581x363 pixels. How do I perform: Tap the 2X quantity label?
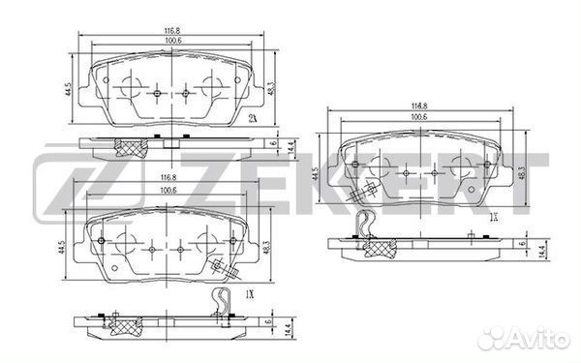[x=253, y=118]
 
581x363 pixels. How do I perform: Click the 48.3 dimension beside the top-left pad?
[x=273, y=87]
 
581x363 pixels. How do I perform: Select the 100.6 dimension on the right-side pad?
[x=419, y=117]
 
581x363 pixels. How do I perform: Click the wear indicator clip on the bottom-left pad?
[x=223, y=300]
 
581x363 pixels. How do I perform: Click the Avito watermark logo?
[x=525, y=341]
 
